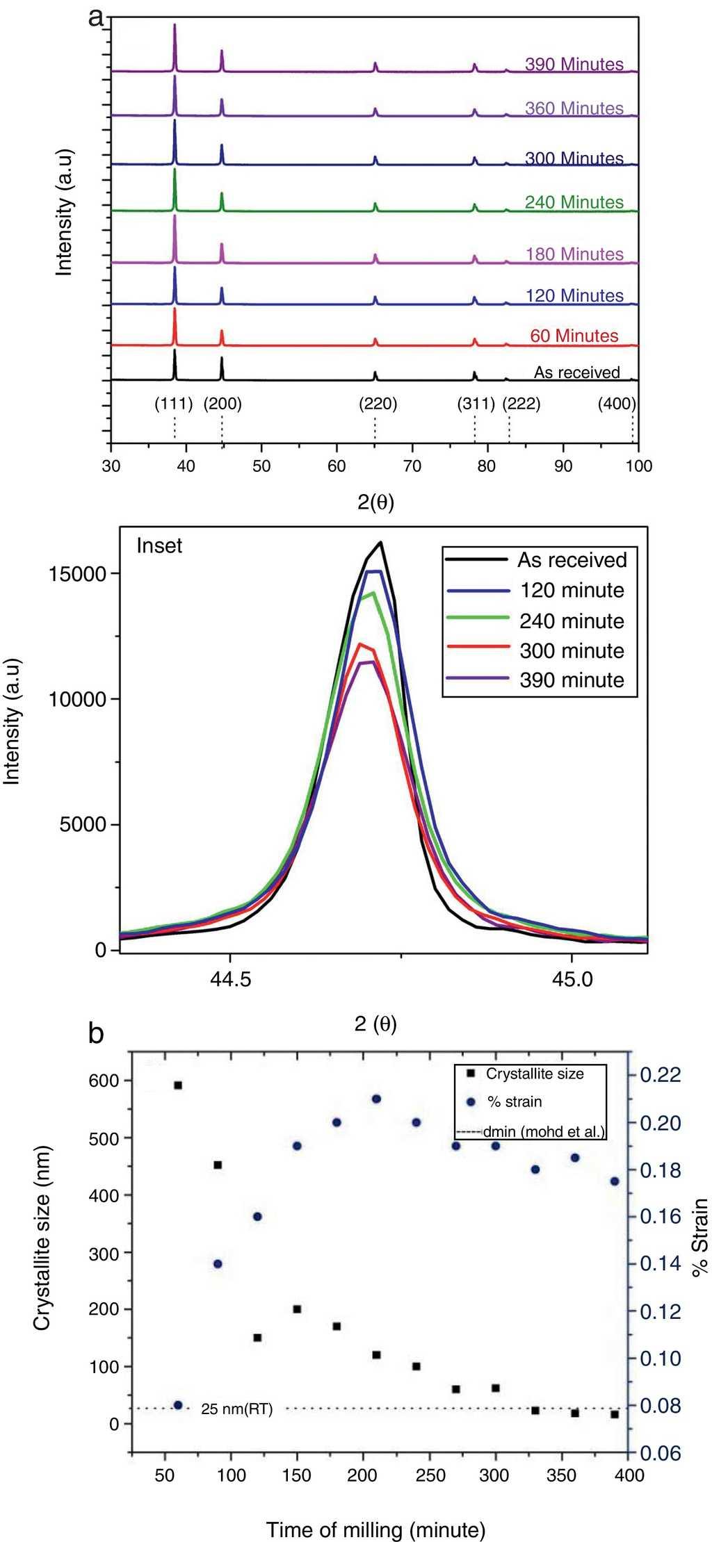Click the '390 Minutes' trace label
pos(574,64)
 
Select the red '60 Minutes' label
pos(574,336)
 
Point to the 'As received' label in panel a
pos(576,372)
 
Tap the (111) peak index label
pos(173,404)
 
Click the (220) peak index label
pos(378,404)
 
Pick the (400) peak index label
pos(617,404)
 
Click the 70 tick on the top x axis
pos(412,466)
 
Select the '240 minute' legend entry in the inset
pos(572,621)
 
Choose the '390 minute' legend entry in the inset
pos(572,680)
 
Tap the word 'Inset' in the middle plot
pos(159,546)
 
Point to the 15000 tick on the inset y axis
pos(77,574)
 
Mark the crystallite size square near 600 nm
pos(178,1085)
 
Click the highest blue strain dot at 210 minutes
pos(376,1099)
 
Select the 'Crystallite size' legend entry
pos(534,1074)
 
